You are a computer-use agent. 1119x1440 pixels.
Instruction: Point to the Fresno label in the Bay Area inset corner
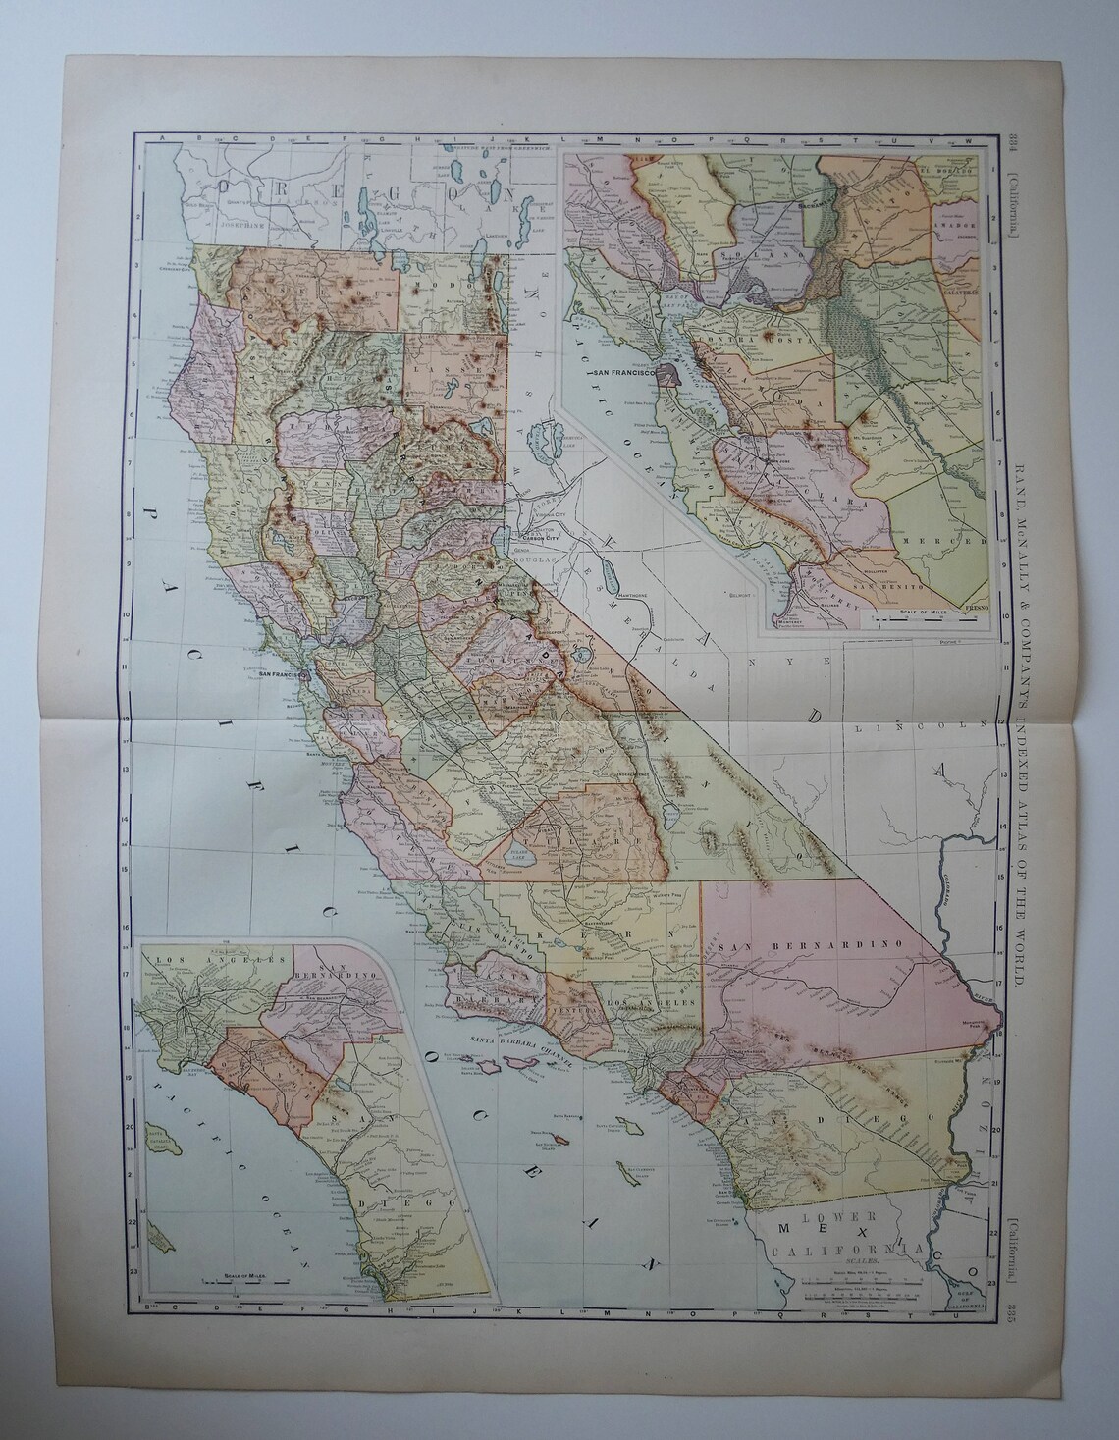(x=976, y=610)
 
